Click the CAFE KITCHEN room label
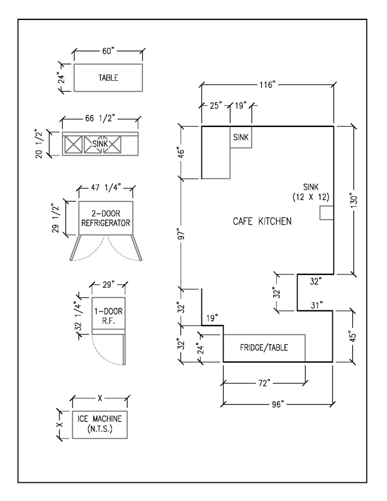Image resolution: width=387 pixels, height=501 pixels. click(262, 221)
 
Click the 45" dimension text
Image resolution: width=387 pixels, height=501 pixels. click(353, 336)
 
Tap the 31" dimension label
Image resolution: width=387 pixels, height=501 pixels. click(317, 306)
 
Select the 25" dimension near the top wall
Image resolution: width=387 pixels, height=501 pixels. click(215, 106)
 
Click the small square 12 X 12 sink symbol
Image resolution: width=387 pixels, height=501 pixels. click(326, 213)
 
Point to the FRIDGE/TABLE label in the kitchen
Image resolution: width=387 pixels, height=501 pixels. click(263, 347)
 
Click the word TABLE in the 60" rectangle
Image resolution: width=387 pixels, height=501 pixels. click(108, 78)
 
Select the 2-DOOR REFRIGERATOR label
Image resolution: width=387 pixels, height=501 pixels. click(106, 219)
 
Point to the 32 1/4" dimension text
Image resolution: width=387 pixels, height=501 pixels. click(79, 319)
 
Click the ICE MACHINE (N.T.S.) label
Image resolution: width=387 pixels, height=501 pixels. click(100, 424)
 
